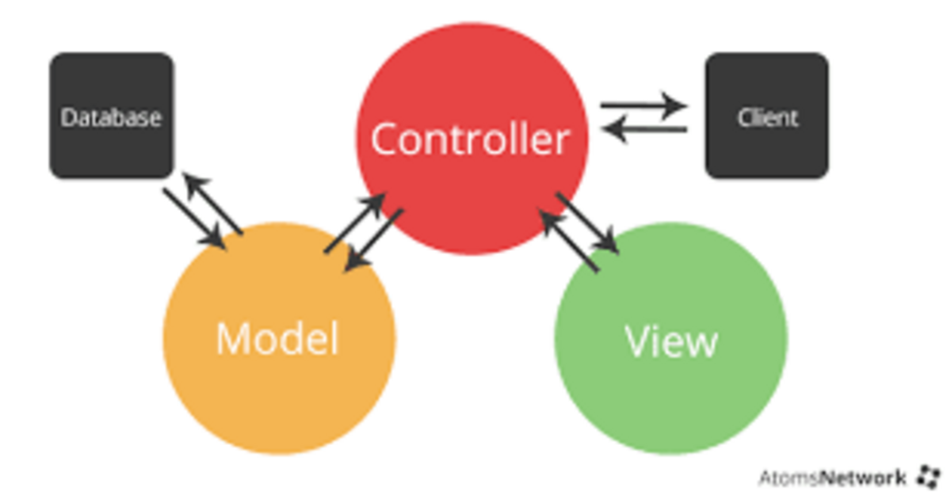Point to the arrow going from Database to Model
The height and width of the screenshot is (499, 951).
click(x=194, y=218)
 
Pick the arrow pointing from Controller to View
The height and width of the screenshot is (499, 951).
click(x=587, y=222)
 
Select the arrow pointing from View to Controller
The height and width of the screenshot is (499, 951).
click(x=569, y=241)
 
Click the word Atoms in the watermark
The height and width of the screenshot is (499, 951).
click(x=789, y=478)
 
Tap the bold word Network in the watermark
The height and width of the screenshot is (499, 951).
click(x=863, y=478)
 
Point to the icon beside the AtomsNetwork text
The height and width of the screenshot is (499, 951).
click(x=926, y=477)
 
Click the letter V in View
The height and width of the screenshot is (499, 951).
click(x=638, y=341)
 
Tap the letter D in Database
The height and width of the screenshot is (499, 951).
click(x=67, y=117)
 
